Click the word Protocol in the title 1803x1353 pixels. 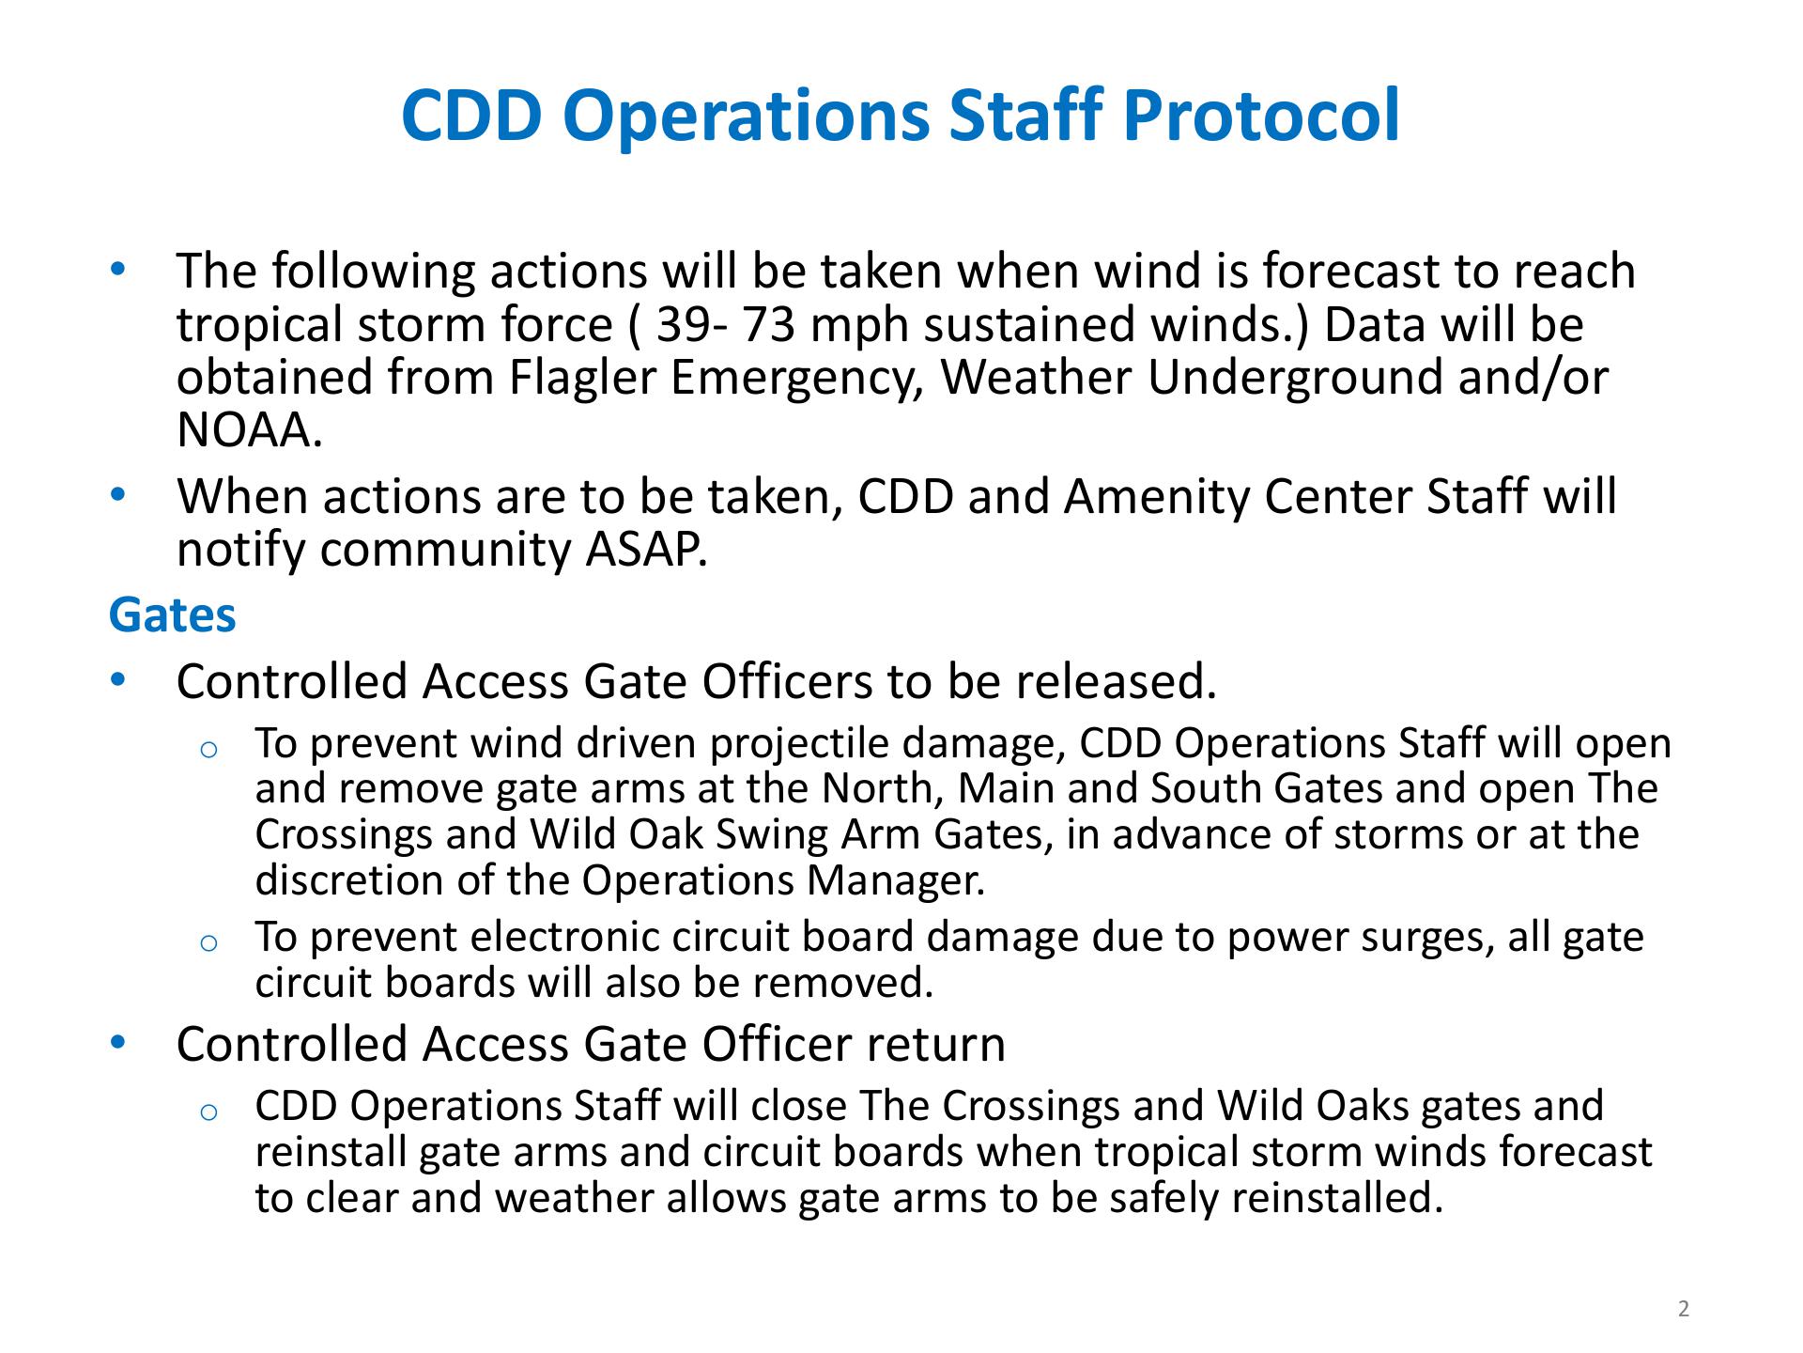[1260, 116]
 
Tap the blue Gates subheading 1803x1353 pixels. [173, 615]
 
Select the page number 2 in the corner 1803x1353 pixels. [1684, 1309]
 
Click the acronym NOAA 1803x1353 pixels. [248, 430]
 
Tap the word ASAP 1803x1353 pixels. [647, 550]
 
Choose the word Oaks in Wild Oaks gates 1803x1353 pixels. [1363, 1106]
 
